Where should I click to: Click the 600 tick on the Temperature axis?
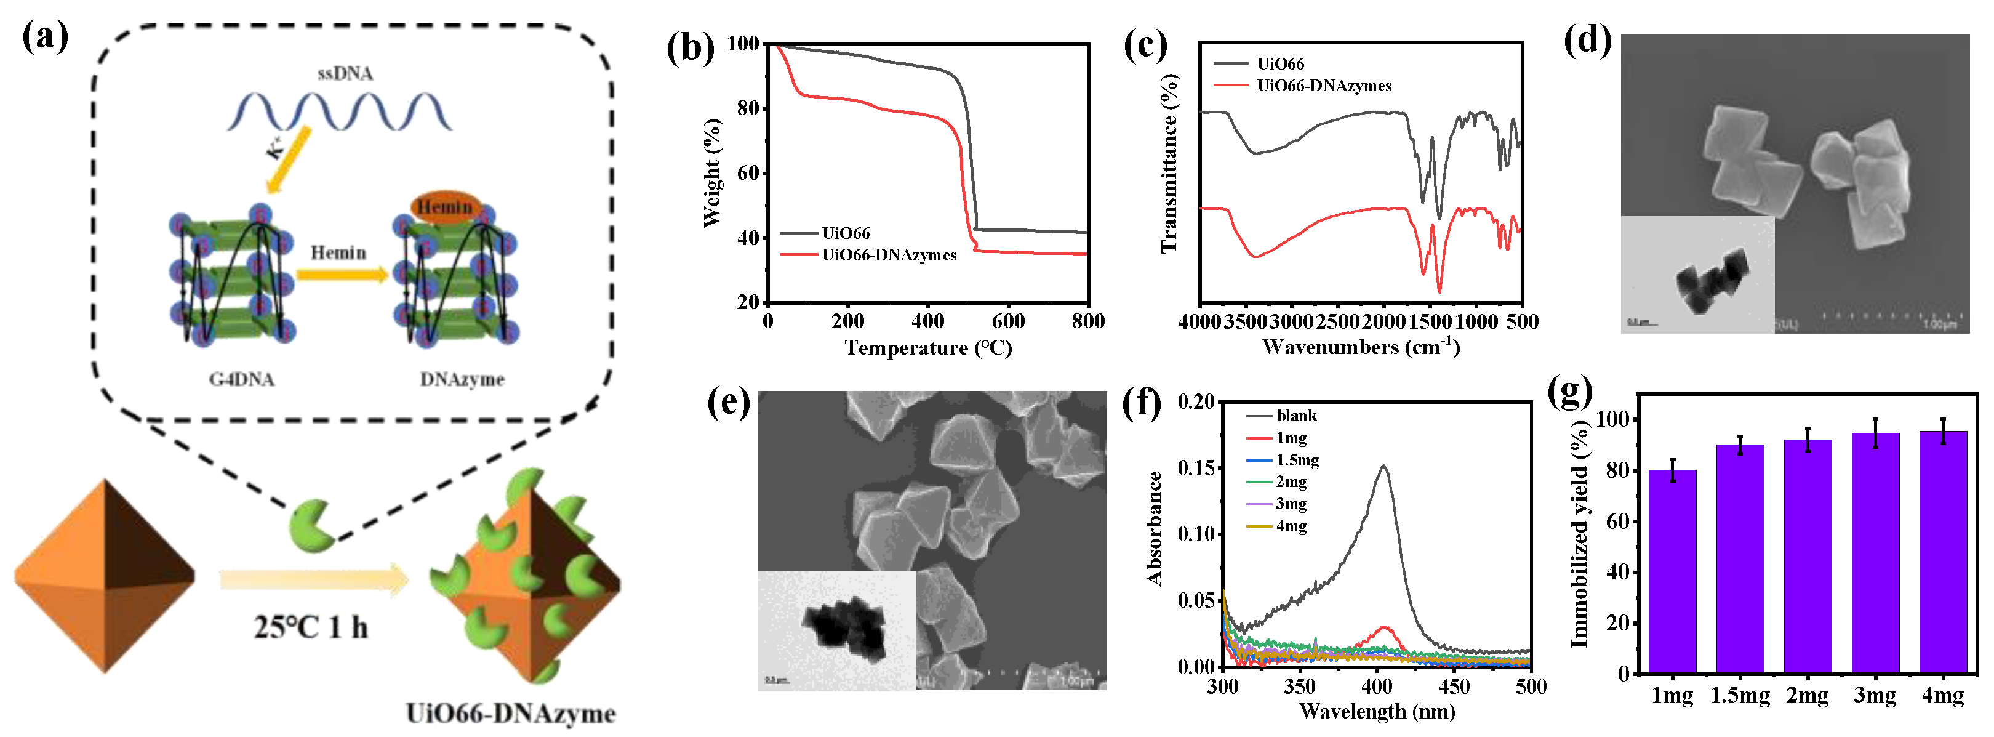(x=1009, y=321)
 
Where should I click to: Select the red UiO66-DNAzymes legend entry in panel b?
(x=889, y=255)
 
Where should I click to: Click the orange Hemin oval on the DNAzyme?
(x=445, y=207)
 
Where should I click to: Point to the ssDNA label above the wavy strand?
(x=345, y=73)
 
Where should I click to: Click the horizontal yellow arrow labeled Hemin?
(x=340, y=275)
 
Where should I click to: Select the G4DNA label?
(x=241, y=379)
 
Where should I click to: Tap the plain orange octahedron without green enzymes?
(x=105, y=577)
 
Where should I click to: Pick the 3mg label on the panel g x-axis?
(x=1874, y=696)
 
